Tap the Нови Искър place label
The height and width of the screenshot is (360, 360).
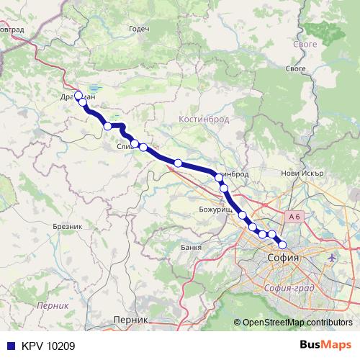(300, 173)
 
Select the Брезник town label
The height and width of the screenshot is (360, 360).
(69, 226)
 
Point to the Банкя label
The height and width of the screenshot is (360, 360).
(192, 248)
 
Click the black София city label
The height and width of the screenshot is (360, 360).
(284, 256)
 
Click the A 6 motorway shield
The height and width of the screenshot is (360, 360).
(292, 216)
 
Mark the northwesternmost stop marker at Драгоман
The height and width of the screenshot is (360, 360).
(78, 96)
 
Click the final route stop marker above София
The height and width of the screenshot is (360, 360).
(282, 244)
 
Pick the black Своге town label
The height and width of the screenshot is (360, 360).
(296, 68)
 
